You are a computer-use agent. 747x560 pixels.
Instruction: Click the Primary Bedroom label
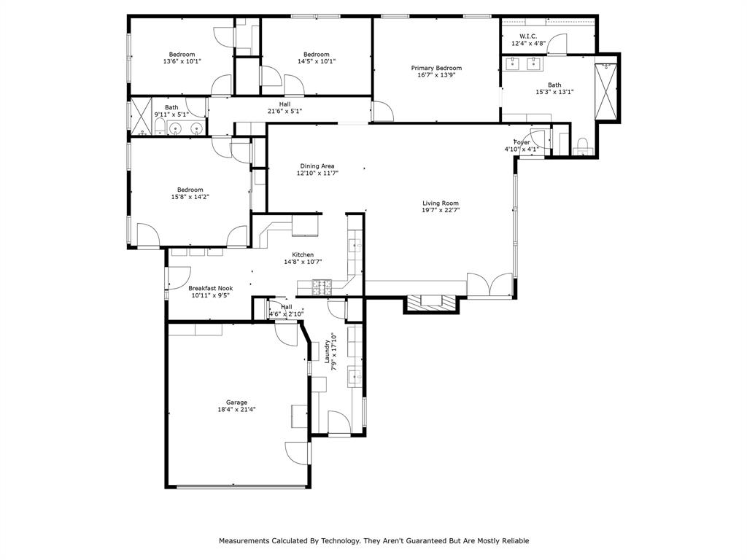pyautogui.click(x=439, y=68)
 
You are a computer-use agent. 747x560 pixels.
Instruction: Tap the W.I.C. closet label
pyautogui.click(x=528, y=36)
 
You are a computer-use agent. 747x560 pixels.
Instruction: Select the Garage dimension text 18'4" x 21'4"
pyautogui.click(x=236, y=410)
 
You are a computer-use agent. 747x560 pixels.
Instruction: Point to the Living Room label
pyautogui.click(x=441, y=203)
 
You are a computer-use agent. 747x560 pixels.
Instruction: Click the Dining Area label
pyautogui.click(x=317, y=166)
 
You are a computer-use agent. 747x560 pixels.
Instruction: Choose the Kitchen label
pyautogui.click(x=303, y=254)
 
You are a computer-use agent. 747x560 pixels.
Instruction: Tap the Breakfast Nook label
pyautogui.click(x=211, y=288)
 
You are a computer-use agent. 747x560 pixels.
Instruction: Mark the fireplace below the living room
pyautogui.click(x=431, y=303)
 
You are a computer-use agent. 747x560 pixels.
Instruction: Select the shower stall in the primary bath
pyautogui.click(x=606, y=92)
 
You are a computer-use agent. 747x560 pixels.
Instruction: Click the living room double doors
pyautogui.click(x=490, y=286)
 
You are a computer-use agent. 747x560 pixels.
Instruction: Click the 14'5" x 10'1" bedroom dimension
pyautogui.click(x=316, y=61)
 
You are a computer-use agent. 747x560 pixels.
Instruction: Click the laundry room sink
pyautogui.click(x=354, y=376)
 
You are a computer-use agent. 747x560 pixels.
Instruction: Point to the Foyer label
pyautogui.click(x=522, y=142)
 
